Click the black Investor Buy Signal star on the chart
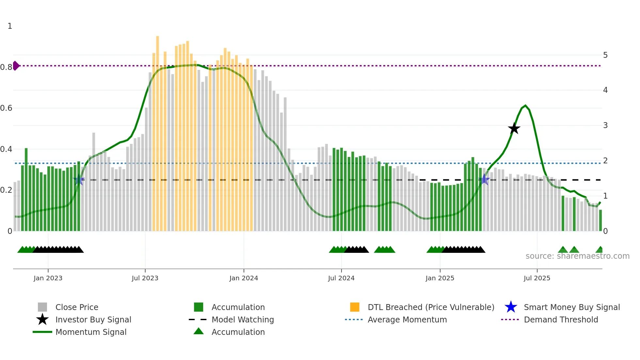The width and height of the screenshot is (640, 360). point(514,129)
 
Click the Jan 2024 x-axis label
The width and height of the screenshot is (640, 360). point(244,278)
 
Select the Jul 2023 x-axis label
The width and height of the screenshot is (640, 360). point(145,278)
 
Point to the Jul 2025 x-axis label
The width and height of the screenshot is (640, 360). point(537,278)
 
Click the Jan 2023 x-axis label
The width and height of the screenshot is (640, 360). point(48,278)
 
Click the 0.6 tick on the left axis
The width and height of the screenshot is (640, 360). point(6,108)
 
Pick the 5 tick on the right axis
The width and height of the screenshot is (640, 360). point(605,55)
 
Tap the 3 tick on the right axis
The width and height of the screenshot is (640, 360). point(605,125)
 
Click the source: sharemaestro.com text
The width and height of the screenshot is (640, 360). point(577,256)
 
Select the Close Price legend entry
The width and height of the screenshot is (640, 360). point(77,307)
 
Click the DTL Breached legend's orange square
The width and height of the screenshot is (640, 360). point(355,307)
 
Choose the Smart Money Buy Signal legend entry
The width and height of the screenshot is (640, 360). point(571,307)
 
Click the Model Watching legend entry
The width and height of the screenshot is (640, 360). point(242,319)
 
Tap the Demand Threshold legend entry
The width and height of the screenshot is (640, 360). point(561,319)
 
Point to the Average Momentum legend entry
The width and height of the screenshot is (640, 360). point(407,319)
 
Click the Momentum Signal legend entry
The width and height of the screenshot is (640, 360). point(91,332)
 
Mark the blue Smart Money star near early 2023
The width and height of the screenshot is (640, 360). point(78,180)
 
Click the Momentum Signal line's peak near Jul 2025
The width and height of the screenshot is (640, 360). point(525,106)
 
